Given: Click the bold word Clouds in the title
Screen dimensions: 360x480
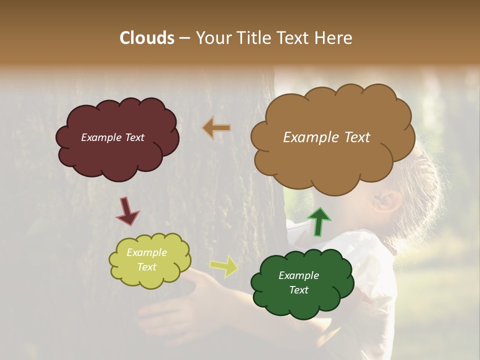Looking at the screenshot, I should tap(147, 38).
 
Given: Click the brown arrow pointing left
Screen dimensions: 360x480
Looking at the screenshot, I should tap(216, 128).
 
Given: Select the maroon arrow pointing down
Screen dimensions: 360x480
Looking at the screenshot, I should tap(127, 210).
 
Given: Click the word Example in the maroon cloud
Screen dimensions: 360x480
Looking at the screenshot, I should tap(100, 137).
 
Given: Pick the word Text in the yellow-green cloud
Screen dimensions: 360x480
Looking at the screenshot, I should tap(147, 267).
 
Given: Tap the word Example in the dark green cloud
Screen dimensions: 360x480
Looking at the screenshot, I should tap(299, 275).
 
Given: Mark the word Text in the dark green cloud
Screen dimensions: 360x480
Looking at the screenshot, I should tap(299, 290).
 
